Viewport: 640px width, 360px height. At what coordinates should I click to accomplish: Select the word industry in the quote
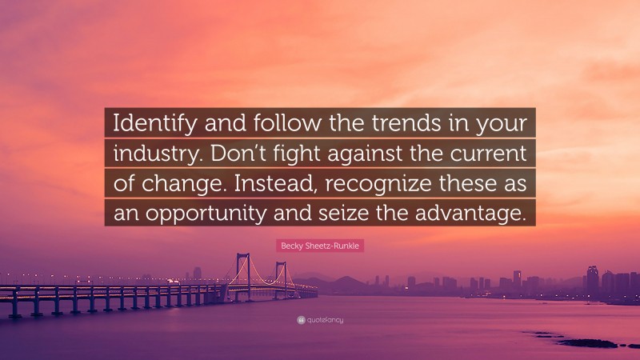click(150, 154)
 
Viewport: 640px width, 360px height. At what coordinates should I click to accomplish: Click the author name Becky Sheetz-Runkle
click(320, 246)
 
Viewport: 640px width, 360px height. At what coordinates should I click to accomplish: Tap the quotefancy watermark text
click(324, 320)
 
